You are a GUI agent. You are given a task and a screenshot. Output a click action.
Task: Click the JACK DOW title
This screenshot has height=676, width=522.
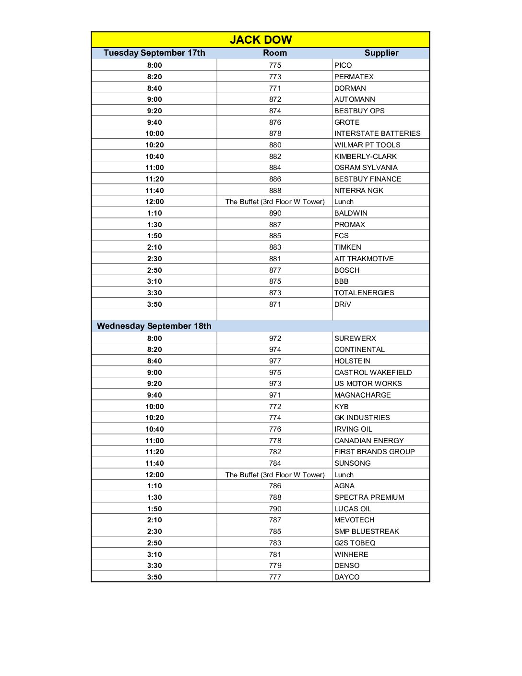point(261,40)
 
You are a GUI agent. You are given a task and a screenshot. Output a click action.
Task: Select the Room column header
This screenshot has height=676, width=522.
point(275,53)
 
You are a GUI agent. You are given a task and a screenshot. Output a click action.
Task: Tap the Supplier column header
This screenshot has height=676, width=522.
point(381,53)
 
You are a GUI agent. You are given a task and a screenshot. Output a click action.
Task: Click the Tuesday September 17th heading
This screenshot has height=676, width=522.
point(154,53)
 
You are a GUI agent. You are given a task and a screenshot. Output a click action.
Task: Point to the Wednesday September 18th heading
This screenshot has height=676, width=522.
point(154,326)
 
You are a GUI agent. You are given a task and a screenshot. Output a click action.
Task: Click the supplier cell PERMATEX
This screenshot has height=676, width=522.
point(354,77)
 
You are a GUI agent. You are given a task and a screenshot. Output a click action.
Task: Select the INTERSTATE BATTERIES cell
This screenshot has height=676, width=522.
point(378,133)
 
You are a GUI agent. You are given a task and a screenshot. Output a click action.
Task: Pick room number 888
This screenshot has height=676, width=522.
point(275,191)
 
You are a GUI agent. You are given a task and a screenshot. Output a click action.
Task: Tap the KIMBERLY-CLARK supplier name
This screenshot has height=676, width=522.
point(366,157)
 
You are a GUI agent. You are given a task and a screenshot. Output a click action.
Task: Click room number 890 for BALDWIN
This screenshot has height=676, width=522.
point(275,213)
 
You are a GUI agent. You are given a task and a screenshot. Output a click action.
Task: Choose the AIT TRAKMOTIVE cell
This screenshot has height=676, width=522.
point(364,259)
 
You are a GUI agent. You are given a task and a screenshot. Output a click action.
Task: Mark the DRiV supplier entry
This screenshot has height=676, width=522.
point(343,304)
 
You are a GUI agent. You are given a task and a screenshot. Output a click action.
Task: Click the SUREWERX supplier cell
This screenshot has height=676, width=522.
point(356,338)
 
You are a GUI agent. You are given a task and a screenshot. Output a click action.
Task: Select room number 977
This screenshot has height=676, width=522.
point(275,361)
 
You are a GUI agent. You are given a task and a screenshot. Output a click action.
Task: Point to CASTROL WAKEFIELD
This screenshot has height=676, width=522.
point(373,373)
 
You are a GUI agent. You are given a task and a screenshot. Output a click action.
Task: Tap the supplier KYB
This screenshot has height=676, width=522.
point(342,407)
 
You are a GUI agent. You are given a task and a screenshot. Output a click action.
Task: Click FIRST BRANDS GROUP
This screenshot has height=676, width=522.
point(375,452)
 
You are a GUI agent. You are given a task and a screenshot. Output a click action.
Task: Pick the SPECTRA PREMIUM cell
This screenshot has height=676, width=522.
point(369,497)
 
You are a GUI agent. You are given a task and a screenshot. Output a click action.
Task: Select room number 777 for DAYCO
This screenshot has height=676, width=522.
point(275,577)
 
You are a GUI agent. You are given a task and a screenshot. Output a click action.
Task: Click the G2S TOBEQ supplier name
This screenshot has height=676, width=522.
point(355,543)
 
